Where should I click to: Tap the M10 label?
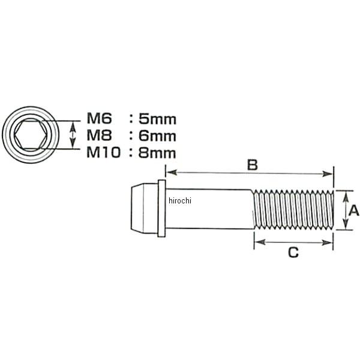point(103,152)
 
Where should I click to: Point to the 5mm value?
point(157,120)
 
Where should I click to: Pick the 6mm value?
point(157,136)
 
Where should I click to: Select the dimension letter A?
point(353,210)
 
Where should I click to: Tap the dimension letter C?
point(293,253)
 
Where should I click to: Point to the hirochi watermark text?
point(179,200)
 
